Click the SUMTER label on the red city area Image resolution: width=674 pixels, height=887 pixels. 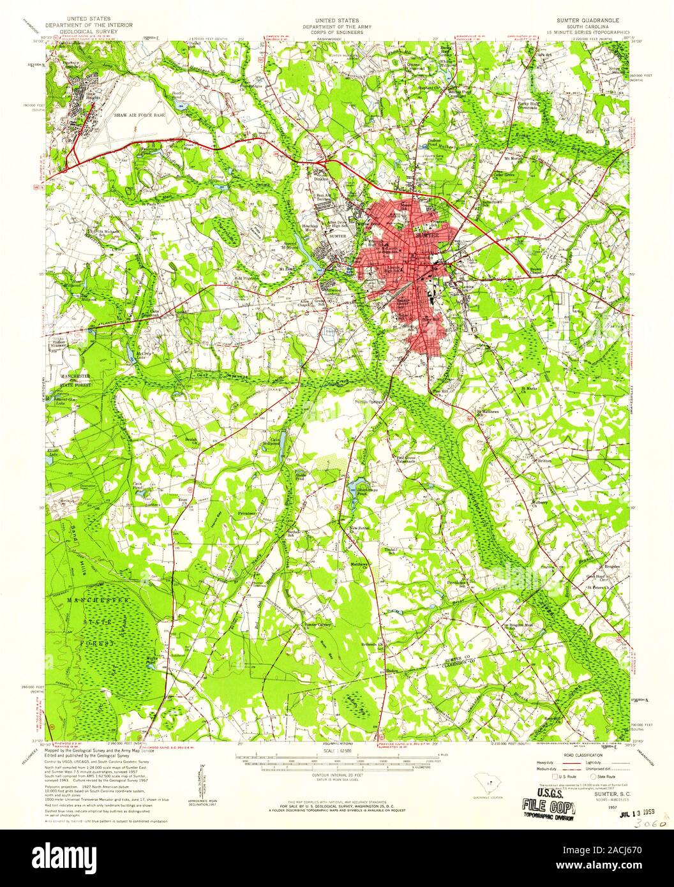point(426,235)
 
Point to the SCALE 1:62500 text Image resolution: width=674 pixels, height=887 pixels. point(337,751)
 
